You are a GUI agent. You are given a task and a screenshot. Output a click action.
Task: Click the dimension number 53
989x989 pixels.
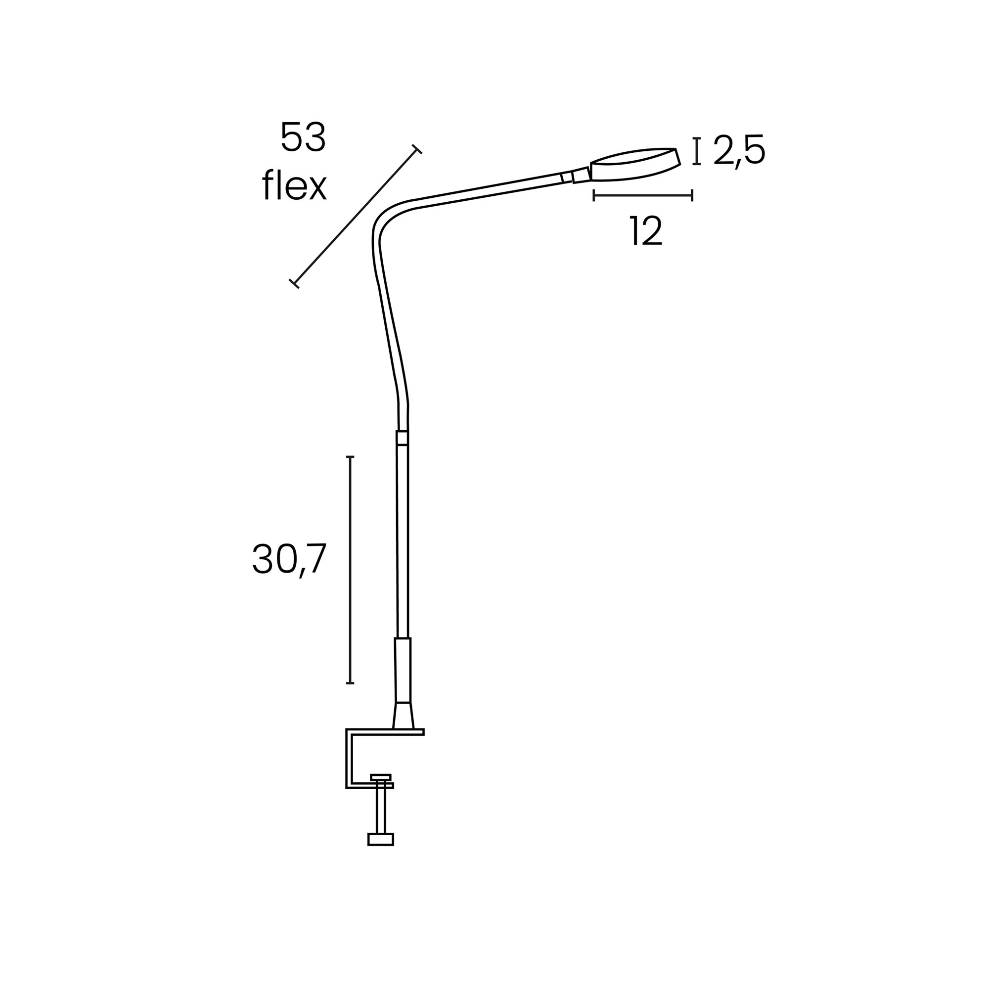pyautogui.click(x=303, y=137)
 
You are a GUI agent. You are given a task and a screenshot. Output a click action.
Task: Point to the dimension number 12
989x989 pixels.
pyautogui.click(x=646, y=230)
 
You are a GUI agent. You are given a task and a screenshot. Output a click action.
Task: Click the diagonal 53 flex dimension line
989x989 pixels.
pyautogui.click(x=355, y=216)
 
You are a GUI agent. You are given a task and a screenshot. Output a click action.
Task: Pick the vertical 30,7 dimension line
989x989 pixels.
pyautogui.click(x=350, y=570)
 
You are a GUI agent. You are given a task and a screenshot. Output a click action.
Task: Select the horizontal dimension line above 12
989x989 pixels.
pyautogui.click(x=643, y=195)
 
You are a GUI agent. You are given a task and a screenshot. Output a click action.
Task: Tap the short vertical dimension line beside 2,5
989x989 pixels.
pyautogui.click(x=696, y=151)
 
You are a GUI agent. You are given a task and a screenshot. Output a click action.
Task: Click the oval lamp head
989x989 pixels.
pyautogui.click(x=636, y=164)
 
